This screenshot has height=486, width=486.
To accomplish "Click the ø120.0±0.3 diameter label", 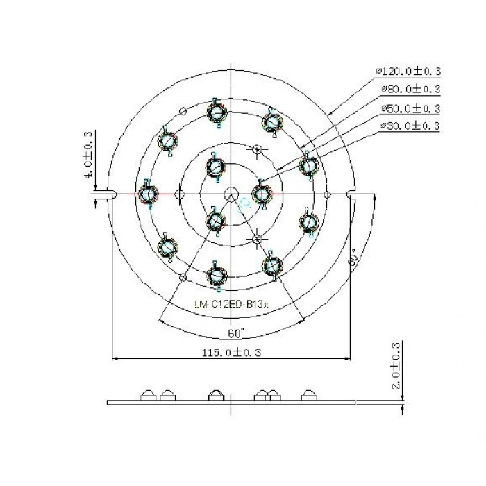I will click(408, 72).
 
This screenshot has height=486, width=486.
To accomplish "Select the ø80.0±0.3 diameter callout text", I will click(410, 90).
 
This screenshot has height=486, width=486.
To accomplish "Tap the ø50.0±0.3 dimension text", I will click(410, 108).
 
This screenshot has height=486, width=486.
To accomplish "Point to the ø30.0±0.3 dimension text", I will click(410, 126).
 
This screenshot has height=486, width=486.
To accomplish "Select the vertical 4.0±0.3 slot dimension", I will click(87, 155).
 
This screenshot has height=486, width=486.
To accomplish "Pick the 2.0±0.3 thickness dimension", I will click(396, 365).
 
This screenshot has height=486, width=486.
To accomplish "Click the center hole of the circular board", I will click(231, 194).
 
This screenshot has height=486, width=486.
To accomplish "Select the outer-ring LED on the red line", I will click(147, 194).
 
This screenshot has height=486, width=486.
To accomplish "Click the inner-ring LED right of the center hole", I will click(261, 194).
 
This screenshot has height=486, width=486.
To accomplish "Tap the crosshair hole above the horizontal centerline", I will click(257, 149).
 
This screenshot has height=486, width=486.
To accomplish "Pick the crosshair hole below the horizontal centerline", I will click(257, 240).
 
